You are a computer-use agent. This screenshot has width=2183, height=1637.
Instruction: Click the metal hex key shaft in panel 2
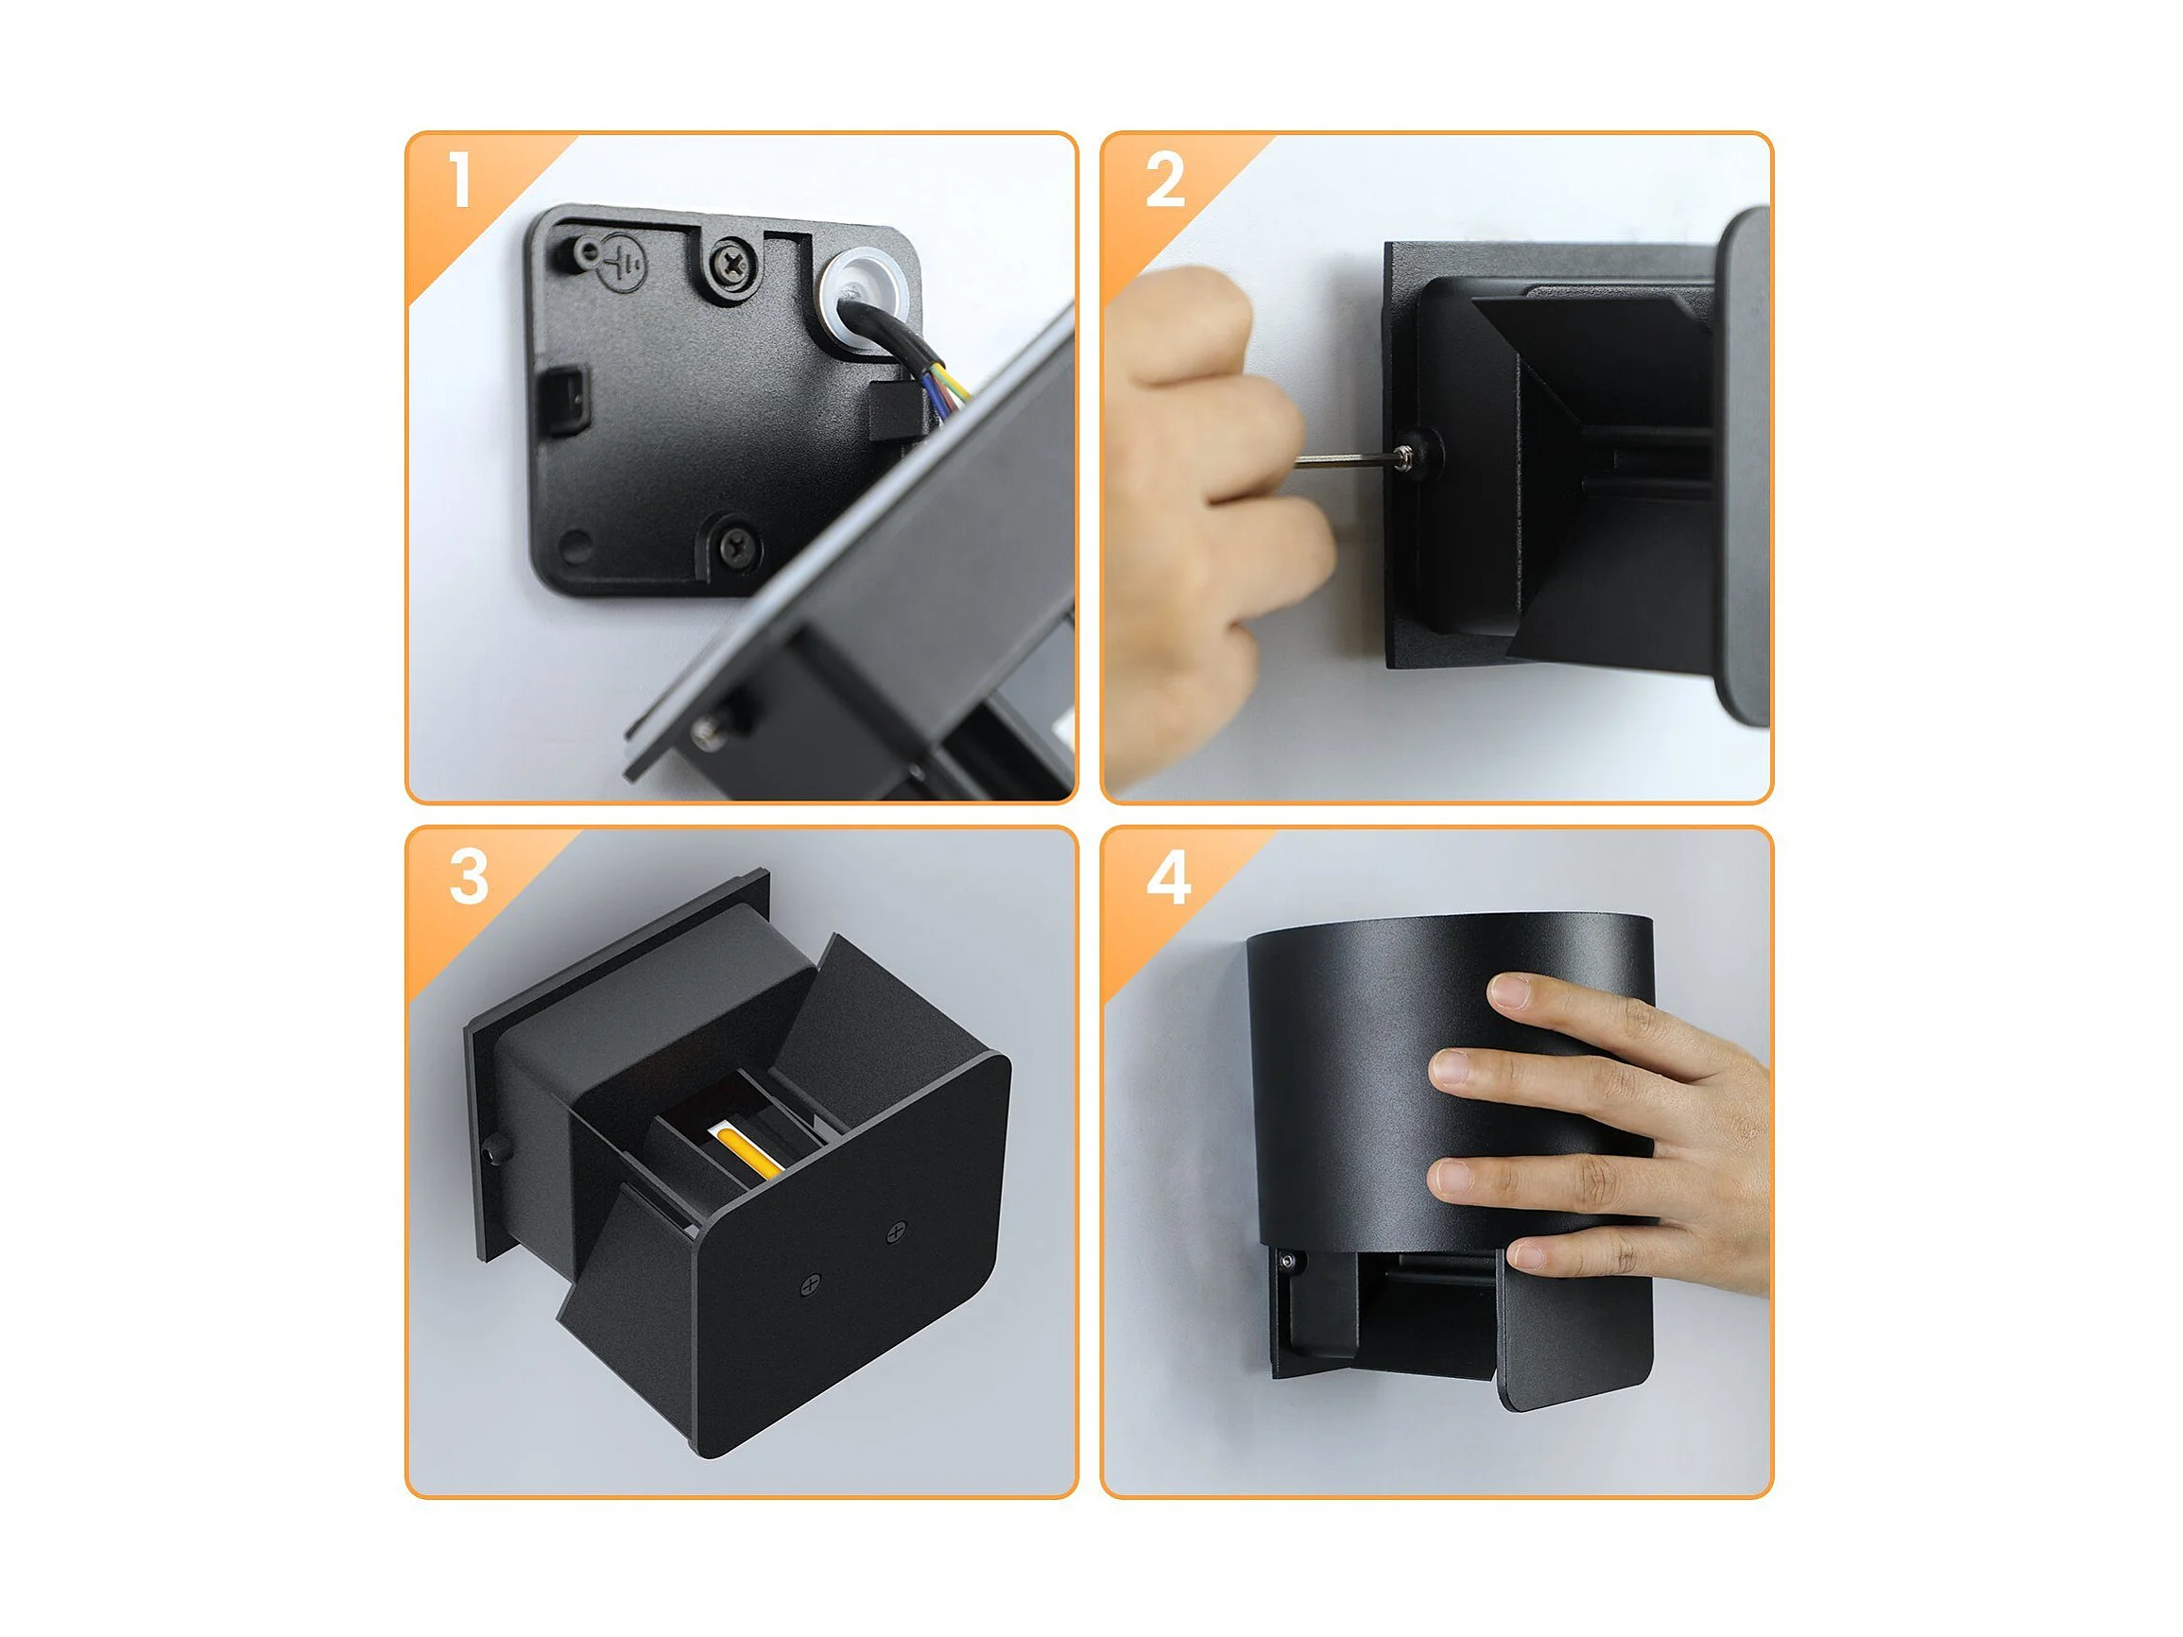[x=1347, y=457]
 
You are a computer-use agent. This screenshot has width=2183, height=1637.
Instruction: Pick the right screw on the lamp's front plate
[x=896, y=1232]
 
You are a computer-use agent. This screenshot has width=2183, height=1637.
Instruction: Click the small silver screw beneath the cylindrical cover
[x=1286, y=1261]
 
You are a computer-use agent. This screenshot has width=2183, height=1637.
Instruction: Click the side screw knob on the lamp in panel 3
[x=492, y=1151]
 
